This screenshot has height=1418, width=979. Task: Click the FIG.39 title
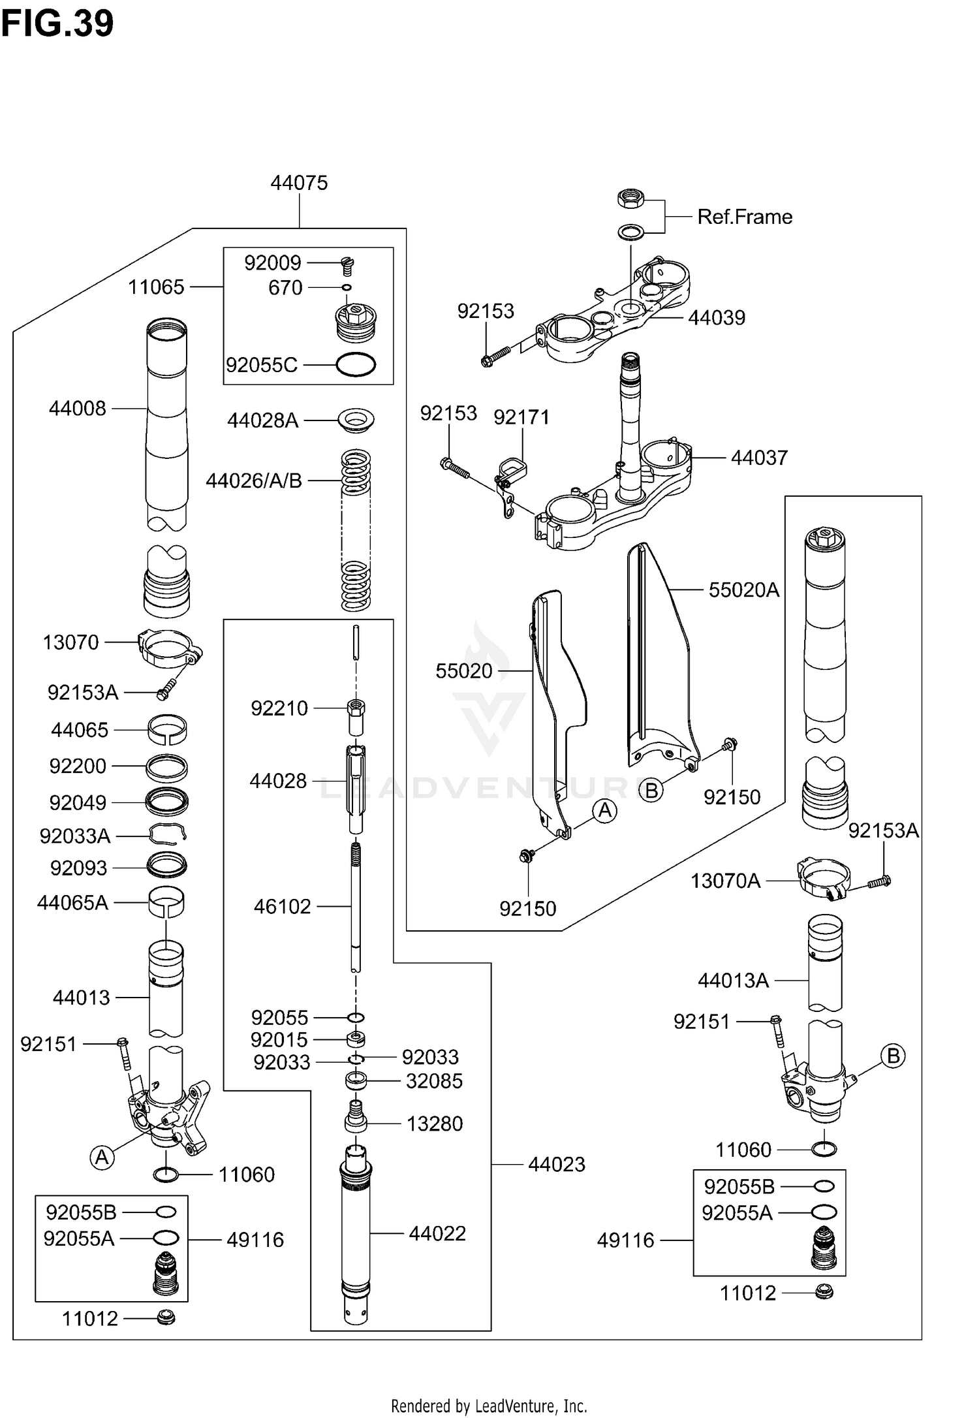click(57, 24)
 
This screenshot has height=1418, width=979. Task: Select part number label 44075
click(299, 183)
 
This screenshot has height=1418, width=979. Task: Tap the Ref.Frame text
click(745, 217)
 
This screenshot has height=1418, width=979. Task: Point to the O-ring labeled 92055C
click(356, 365)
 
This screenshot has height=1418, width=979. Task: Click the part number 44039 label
click(716, 318)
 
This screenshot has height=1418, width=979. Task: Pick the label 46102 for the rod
click(282, 906)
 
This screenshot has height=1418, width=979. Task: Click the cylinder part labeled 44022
click(356, 1234)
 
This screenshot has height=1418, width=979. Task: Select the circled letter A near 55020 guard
click(605, 811)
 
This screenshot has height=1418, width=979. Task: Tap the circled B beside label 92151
click(893, 1056)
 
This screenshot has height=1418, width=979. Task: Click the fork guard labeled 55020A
click(659, 653)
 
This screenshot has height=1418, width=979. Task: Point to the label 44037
click(759, 458)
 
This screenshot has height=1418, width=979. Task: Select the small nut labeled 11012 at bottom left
click(166, 1318)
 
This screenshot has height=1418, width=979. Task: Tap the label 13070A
click(725, 881)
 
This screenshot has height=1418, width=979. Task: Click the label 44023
click(556, 1164)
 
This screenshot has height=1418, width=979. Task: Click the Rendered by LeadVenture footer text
click(489, 1406)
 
